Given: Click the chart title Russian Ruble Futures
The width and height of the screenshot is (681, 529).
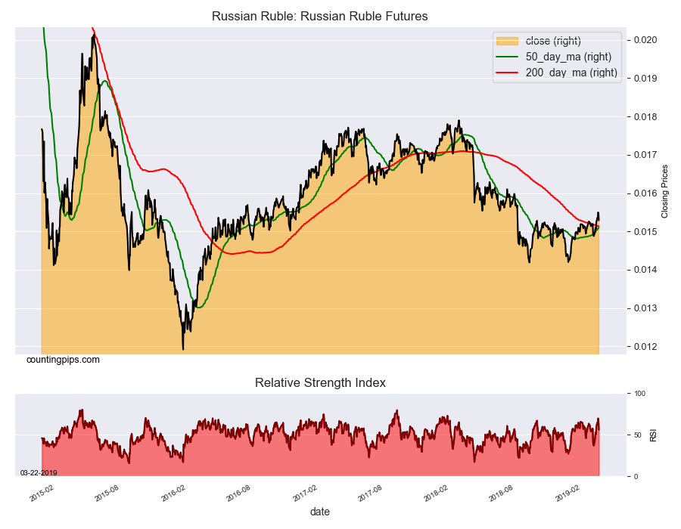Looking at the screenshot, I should coord(320,16).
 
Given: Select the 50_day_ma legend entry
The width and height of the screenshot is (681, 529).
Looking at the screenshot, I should coord(567,57).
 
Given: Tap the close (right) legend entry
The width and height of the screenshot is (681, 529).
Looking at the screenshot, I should coord(552,41).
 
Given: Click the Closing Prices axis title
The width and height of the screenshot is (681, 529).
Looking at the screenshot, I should coord(665,191).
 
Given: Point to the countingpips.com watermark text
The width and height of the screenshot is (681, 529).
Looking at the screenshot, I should coord(63,360).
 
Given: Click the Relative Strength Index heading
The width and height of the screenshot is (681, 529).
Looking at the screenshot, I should coord(320,383).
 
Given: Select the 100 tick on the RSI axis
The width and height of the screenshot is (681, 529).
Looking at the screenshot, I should coord(639,394).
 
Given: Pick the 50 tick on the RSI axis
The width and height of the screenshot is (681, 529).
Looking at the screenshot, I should coord(637,435).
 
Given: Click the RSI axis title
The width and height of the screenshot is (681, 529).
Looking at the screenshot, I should coord(654,435).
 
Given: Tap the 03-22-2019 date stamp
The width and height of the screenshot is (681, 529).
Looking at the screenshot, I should coord(39,472).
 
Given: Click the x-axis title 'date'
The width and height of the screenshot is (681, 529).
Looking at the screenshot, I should coord(320,512).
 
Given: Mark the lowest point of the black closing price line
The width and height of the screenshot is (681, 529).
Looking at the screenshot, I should coord(183,349).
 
